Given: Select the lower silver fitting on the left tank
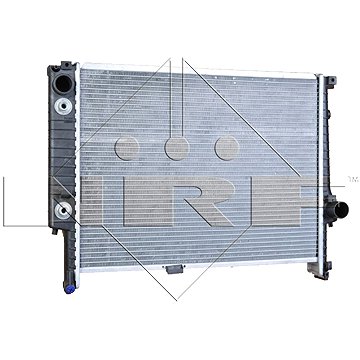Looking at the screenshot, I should [x=64, y=182].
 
